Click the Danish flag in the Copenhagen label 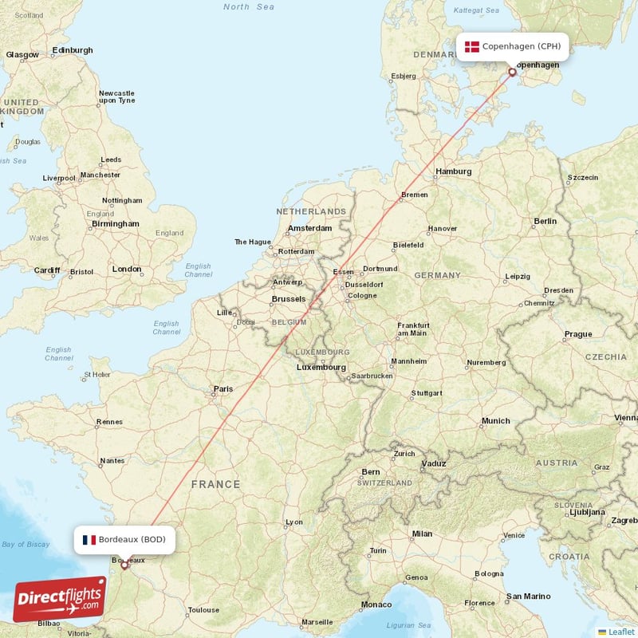click(472, 46)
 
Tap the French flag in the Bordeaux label click(89, 540)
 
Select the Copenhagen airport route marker click(512, 72)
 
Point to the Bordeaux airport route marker click(124, 566)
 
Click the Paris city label click(223, 389)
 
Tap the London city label click(127, 270)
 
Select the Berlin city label click(545, 221)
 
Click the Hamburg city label click(454, 171)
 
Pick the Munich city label click(495, 420)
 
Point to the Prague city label click(578, 334)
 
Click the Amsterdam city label click(309, 228)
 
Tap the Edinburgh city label click(72, 50)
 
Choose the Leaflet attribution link click(621, 632)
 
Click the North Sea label click(247, 7)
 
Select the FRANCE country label click(215, 484)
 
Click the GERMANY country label click(437, 275)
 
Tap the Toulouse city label click(203, 610)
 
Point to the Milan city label click(422, 534)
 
